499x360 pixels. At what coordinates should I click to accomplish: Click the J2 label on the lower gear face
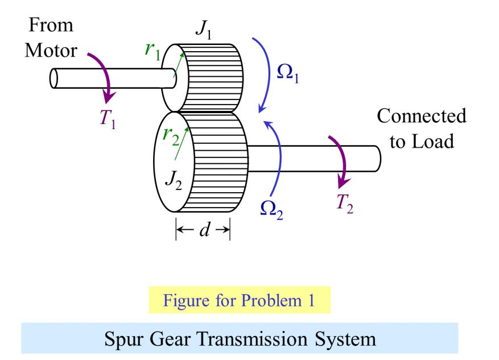172,179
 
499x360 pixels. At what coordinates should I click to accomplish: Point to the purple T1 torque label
106,118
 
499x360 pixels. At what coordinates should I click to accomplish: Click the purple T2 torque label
344,203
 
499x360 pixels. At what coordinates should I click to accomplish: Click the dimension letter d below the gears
203,230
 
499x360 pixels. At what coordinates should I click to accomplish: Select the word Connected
421,117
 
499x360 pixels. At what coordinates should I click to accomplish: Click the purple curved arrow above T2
342,160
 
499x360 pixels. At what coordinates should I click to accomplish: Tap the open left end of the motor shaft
55,78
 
